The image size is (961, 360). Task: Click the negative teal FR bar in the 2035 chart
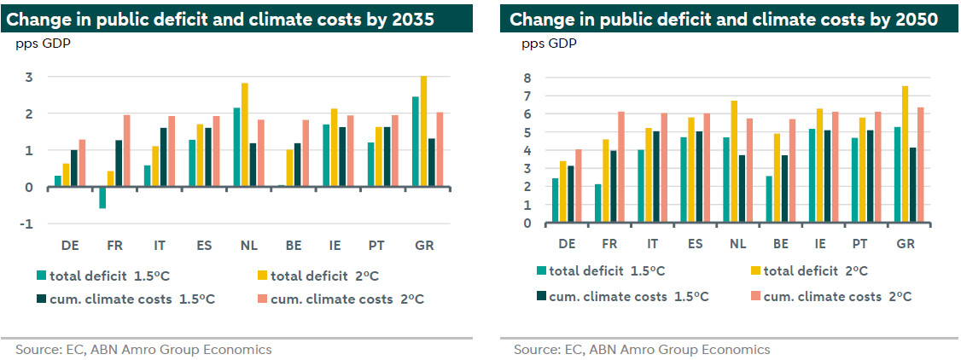(102, 197)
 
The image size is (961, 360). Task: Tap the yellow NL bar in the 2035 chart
(245, 135)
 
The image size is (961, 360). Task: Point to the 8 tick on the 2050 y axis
(527, 78)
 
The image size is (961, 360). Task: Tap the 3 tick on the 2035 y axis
(28, 77)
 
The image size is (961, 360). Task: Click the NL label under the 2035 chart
(249, 246)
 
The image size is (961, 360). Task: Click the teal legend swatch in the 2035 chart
(40, 275)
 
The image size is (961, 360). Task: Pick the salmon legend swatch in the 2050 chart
(754, 296)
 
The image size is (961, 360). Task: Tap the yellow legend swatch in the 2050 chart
(754, 271)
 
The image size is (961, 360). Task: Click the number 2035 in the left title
(420, 19)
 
